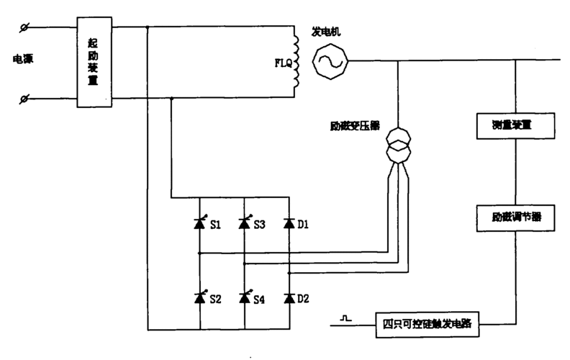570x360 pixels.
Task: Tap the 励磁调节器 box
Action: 516,216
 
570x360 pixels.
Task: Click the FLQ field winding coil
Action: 294,63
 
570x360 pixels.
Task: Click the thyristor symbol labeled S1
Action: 199,224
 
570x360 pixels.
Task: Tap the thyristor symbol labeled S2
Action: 199,297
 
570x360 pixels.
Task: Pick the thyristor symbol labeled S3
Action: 245,224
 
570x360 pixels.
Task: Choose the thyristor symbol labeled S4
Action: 245,297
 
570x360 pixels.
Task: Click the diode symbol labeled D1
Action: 289,224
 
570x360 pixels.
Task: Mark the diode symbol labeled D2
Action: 289,297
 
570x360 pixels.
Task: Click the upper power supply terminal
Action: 25,27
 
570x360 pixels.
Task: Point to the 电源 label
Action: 23,59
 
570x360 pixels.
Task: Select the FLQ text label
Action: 283,63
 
